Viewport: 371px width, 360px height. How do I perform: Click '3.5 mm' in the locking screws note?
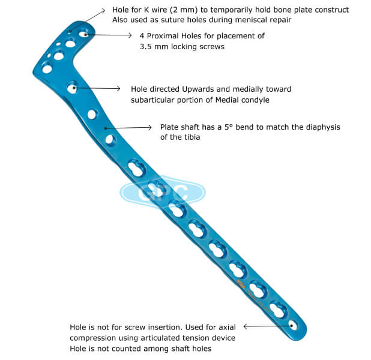pyautogui.click(x=148, y=47)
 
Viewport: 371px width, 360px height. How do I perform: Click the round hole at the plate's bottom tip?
pyautogui.click(x=294, y=326)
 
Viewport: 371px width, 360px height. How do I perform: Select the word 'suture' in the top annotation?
pyautogui.click(x=174, y=20)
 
